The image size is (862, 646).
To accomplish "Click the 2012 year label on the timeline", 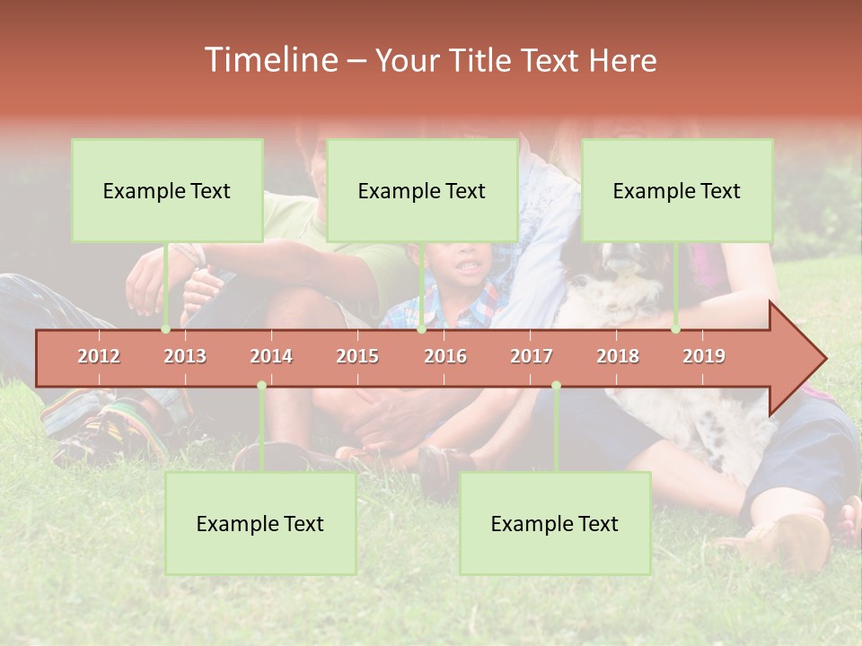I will tap(99, 356).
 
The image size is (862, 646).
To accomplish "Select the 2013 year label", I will tap(185, 356).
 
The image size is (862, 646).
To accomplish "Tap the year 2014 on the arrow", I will tap(271, 356).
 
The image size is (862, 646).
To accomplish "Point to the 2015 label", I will tap(357, 356).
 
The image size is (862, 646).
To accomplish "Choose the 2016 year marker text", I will tap(445, 356).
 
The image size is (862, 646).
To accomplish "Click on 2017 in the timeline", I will tap(532, 356).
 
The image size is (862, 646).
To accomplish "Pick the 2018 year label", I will tap(618, 356).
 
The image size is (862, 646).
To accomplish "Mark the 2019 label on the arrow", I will tap(704, 356).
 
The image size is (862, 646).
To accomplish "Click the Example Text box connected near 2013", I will tap(167, 190).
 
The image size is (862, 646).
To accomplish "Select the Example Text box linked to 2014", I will tap(260, 524).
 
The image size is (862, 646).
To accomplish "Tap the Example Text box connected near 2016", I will tap(422, 190).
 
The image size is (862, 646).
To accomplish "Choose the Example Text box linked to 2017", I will tap(555, 524).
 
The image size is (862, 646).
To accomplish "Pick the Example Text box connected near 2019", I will tap(677, 190).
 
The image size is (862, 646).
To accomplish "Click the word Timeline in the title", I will tap(269, 60).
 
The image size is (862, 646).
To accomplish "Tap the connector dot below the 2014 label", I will tap(261, 386).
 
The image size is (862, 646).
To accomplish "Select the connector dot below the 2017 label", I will tap(556, 386).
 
